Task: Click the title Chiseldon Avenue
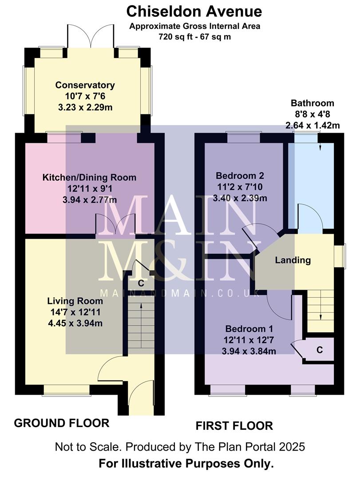[x=194, y=11]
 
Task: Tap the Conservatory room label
[x=85, y=85]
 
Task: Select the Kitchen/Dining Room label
[x=89, y=177]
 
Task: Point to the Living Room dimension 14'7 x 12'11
[x=75, y=312]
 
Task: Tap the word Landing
[x=293, y=260]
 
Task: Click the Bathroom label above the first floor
[x=312, y=103]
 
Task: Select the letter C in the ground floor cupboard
[x=141, y=283]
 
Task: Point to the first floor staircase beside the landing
[x=320, y=310]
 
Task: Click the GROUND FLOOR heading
[x=62, y=423]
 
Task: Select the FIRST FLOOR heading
[x=234, y=426]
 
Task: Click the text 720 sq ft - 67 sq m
[x=194, y=37]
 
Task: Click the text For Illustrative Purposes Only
[x=186, y=464]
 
